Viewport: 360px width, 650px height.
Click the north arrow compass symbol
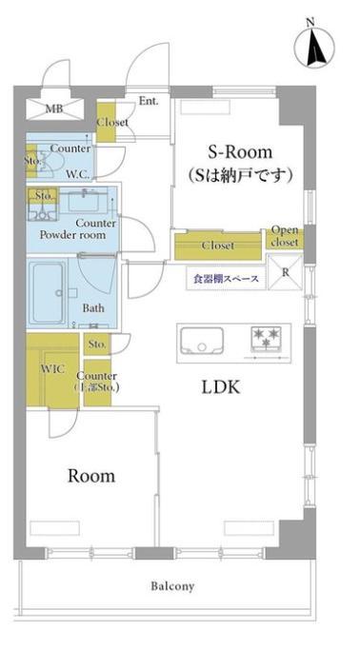[x=315, y=46]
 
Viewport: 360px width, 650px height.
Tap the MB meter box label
[x=54, y=109]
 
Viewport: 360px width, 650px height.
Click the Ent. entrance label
[x=148, y=101]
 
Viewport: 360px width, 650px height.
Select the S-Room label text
[x=240, y=152]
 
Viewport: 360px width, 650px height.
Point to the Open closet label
[x=285, y=236]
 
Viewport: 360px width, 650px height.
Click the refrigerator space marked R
[x=285, y=272]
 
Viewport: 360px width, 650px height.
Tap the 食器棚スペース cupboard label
[x=226, y=279]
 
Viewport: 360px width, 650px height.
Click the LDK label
[x=221, y=387]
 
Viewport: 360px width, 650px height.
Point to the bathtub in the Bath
[x=49, y=293]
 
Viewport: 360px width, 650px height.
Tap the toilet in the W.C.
[x=51, y=161]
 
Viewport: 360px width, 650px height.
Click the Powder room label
[x=72, y=235]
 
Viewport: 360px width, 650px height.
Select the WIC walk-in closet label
[x=52, y=369]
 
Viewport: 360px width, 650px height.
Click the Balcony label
[x=172, y=586]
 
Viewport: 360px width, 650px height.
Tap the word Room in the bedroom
[x=91, y=476]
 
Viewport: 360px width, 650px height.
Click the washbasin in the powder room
[x=85, y=200]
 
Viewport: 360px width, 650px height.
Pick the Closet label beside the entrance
[x=112, y=122]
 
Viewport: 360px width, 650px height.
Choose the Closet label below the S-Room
[x=218, y=246]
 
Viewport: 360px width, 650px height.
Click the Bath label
[x=93, y=308]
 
